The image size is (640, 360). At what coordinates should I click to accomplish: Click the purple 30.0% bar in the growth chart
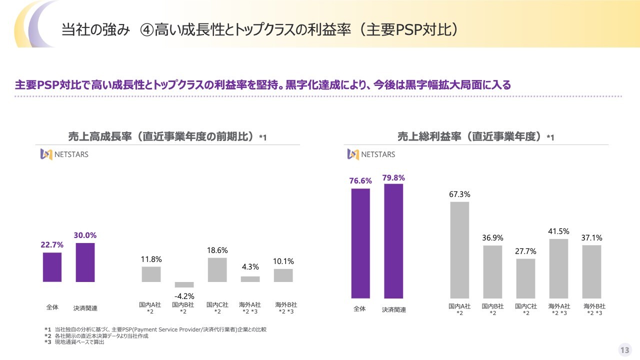(85, 262)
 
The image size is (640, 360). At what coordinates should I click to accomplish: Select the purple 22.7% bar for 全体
(52, 267)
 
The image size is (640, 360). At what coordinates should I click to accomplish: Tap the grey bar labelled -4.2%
(184, 284)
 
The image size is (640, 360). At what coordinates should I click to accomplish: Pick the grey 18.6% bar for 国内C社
(217, 270)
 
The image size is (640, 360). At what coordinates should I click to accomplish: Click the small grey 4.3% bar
(250, 279)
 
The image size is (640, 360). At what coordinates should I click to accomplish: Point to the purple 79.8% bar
(393, 241)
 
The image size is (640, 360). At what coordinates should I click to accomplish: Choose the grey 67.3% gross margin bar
(459, 250)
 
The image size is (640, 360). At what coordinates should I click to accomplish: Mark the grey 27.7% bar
(525, 278)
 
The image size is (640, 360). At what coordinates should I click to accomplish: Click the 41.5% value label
(558, 231)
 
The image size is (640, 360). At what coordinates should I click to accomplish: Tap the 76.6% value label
(360, 181)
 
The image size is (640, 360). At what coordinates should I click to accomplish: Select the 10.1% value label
(283, 261)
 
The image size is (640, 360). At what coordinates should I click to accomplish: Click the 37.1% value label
(591, 238)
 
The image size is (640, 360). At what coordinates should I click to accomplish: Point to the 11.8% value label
(151, 259)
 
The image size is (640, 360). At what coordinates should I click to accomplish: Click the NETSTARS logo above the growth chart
(64, 154)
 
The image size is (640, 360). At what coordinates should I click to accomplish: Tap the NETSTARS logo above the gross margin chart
(371, 154)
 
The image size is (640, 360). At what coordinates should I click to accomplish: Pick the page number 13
(624, 350)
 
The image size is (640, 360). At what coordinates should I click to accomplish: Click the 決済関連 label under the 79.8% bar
(393, 309)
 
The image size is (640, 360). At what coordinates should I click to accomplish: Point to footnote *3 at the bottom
(75, 342)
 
